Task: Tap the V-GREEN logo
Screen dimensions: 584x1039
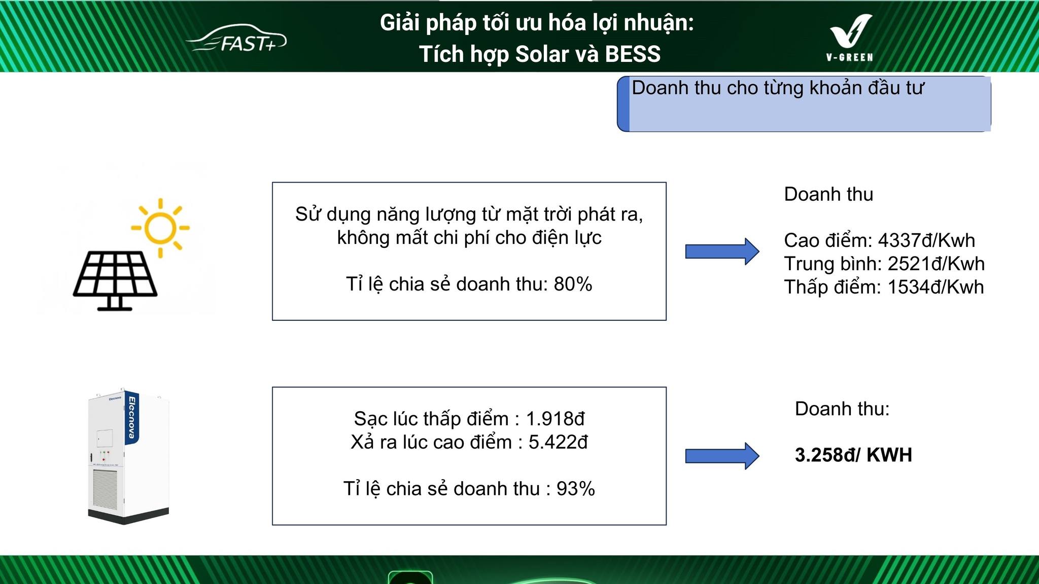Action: tap(850, 39)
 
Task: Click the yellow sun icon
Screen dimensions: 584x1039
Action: tap(160, 228)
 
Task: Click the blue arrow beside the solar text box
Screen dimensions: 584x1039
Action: tap(721, 251)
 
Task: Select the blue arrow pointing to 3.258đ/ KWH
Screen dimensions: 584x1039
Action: tap(721, 456)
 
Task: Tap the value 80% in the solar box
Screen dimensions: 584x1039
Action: tap(573, 284)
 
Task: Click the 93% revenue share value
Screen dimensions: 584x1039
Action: tap(575, 489)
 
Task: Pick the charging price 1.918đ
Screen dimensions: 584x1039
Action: tap(555, 419)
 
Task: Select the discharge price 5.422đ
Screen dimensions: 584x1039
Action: tap(558, 443)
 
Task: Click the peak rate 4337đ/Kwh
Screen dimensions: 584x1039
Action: tap(926, 240)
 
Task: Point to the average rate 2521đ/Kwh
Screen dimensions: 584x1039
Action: tap(936, 264)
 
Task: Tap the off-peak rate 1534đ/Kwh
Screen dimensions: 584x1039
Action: tap(935, 287)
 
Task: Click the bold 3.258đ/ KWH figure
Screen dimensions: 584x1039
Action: tap(853, 455)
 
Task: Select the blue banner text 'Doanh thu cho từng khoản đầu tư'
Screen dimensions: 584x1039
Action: tap(777, 88)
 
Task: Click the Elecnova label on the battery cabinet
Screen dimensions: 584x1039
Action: tap(132, 418)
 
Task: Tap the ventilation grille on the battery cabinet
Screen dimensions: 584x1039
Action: tap(106, 489)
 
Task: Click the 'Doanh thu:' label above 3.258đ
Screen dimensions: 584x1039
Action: tap(842, 409)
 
